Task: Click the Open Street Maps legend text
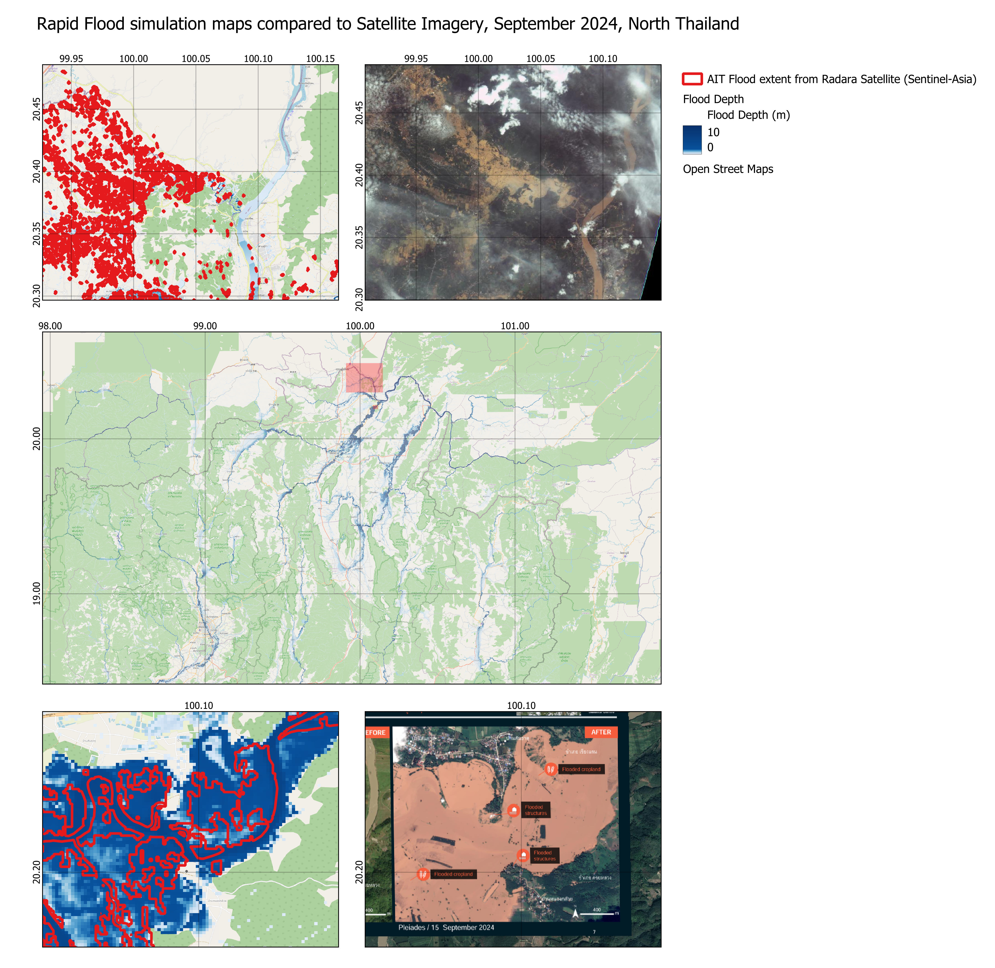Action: pos(727,169)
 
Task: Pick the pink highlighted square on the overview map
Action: pos(364,377)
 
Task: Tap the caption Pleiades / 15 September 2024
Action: pos(446,927)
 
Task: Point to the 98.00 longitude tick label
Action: pos(50,326)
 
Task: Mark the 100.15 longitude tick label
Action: pos(320,59)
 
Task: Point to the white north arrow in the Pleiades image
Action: pos(575,914)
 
